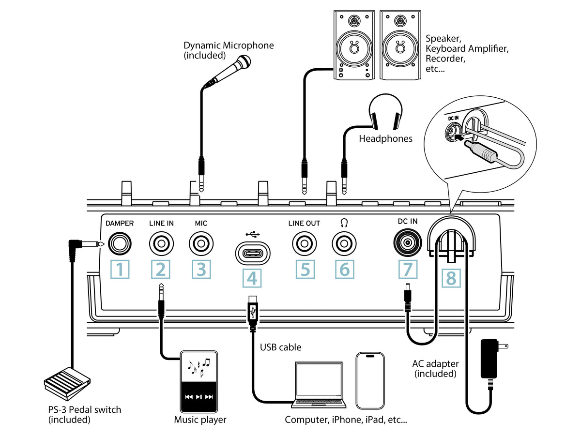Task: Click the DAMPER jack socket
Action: [x=120, y=244]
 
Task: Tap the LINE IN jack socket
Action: [x=161, y=244]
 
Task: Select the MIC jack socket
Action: [x=201, y=244]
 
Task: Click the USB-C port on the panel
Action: [x=252, y=253]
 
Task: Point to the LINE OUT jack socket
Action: [x=304, y=244]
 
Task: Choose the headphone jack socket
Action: [x=344, y=244]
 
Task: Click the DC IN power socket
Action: [x=407, y=244]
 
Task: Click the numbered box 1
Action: [x=120, y=270]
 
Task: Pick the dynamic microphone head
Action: [x=243, y=62]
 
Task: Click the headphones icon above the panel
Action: [x=385, y=112]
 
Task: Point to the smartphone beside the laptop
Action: [x=371, y=380]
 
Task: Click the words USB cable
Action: [x=280, y=347]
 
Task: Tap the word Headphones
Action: [x=385, y=139]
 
